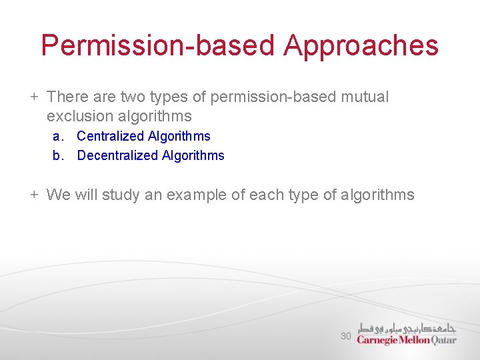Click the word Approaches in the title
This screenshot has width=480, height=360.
pyautogui.click(x=361, y=46)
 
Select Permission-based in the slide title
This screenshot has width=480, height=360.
pyautogui.click(x=157, y=46)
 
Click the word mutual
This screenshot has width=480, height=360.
pyautogui.click(x=364, y=97)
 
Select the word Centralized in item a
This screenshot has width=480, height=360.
pyautogui.click(x=110, y=136)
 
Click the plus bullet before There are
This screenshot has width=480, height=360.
pyautogui.click(x=34, y=97)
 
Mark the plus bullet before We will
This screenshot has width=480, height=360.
pyautogui.click(x=34, y=195)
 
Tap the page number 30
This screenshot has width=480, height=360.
pyautogui.click(x=345, y=336)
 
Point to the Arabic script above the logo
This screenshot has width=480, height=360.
pyautogui.click(x=407, y=327)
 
